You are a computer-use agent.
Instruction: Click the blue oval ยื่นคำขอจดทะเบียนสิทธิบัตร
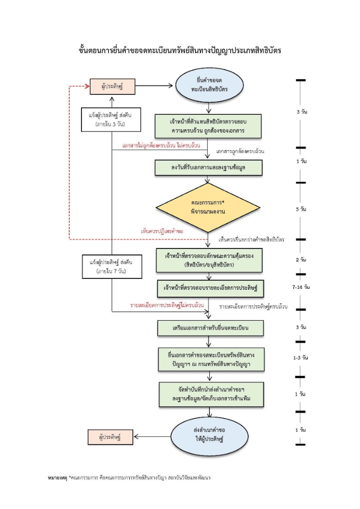coord(209,85)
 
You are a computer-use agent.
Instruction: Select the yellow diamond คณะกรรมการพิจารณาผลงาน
coord(208,207)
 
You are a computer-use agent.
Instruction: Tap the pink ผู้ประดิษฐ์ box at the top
coord(112,86)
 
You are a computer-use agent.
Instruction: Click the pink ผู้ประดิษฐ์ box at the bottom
coord(110,437)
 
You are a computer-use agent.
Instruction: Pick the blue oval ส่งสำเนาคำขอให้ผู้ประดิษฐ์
coord(209,434)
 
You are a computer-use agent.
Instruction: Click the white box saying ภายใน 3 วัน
coord(111,119)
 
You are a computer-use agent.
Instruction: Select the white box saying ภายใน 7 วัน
coord(112,266)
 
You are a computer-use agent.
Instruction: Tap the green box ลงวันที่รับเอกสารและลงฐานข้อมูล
coord(208,168)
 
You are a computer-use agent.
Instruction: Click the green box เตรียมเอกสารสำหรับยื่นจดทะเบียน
coord(210,328)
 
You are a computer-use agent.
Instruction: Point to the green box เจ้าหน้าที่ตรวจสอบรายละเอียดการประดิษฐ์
coord(210,288)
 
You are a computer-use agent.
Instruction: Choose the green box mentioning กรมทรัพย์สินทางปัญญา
coord(211,359)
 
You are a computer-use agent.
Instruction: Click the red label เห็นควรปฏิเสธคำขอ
coord(162,231)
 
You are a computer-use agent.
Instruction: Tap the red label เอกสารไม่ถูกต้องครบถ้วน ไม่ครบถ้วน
coord(161,146)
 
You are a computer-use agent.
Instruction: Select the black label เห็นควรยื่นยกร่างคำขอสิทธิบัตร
coord(251,240)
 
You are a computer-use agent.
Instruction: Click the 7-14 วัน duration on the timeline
coord(301,287)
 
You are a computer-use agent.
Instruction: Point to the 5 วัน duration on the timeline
coord(301,209)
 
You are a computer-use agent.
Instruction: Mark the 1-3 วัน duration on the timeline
coord(301,358)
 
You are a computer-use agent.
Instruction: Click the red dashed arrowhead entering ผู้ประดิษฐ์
coord(87,86)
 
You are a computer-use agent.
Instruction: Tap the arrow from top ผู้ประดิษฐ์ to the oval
coord(154,85)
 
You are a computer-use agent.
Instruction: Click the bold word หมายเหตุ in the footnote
coord(57,478)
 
